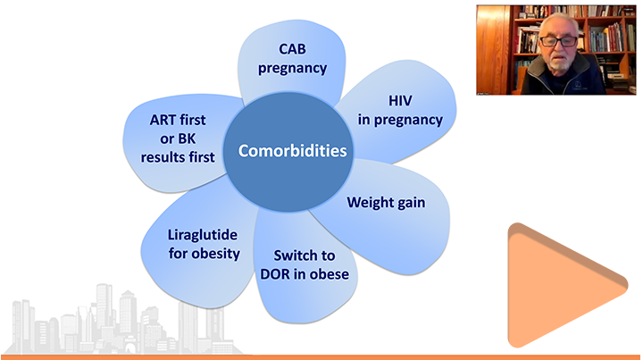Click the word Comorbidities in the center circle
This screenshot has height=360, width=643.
292,150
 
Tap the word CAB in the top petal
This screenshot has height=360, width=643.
292,49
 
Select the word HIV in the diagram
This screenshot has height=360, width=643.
400,101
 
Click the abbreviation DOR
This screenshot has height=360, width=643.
275,274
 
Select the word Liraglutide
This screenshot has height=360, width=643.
203,235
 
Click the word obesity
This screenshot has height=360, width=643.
216,254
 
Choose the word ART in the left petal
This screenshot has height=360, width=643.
160,120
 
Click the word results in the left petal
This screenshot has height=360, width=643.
166,157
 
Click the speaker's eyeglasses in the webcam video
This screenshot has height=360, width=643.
558,41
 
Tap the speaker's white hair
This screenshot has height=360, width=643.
558,22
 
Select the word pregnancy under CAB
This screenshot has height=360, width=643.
292,69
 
